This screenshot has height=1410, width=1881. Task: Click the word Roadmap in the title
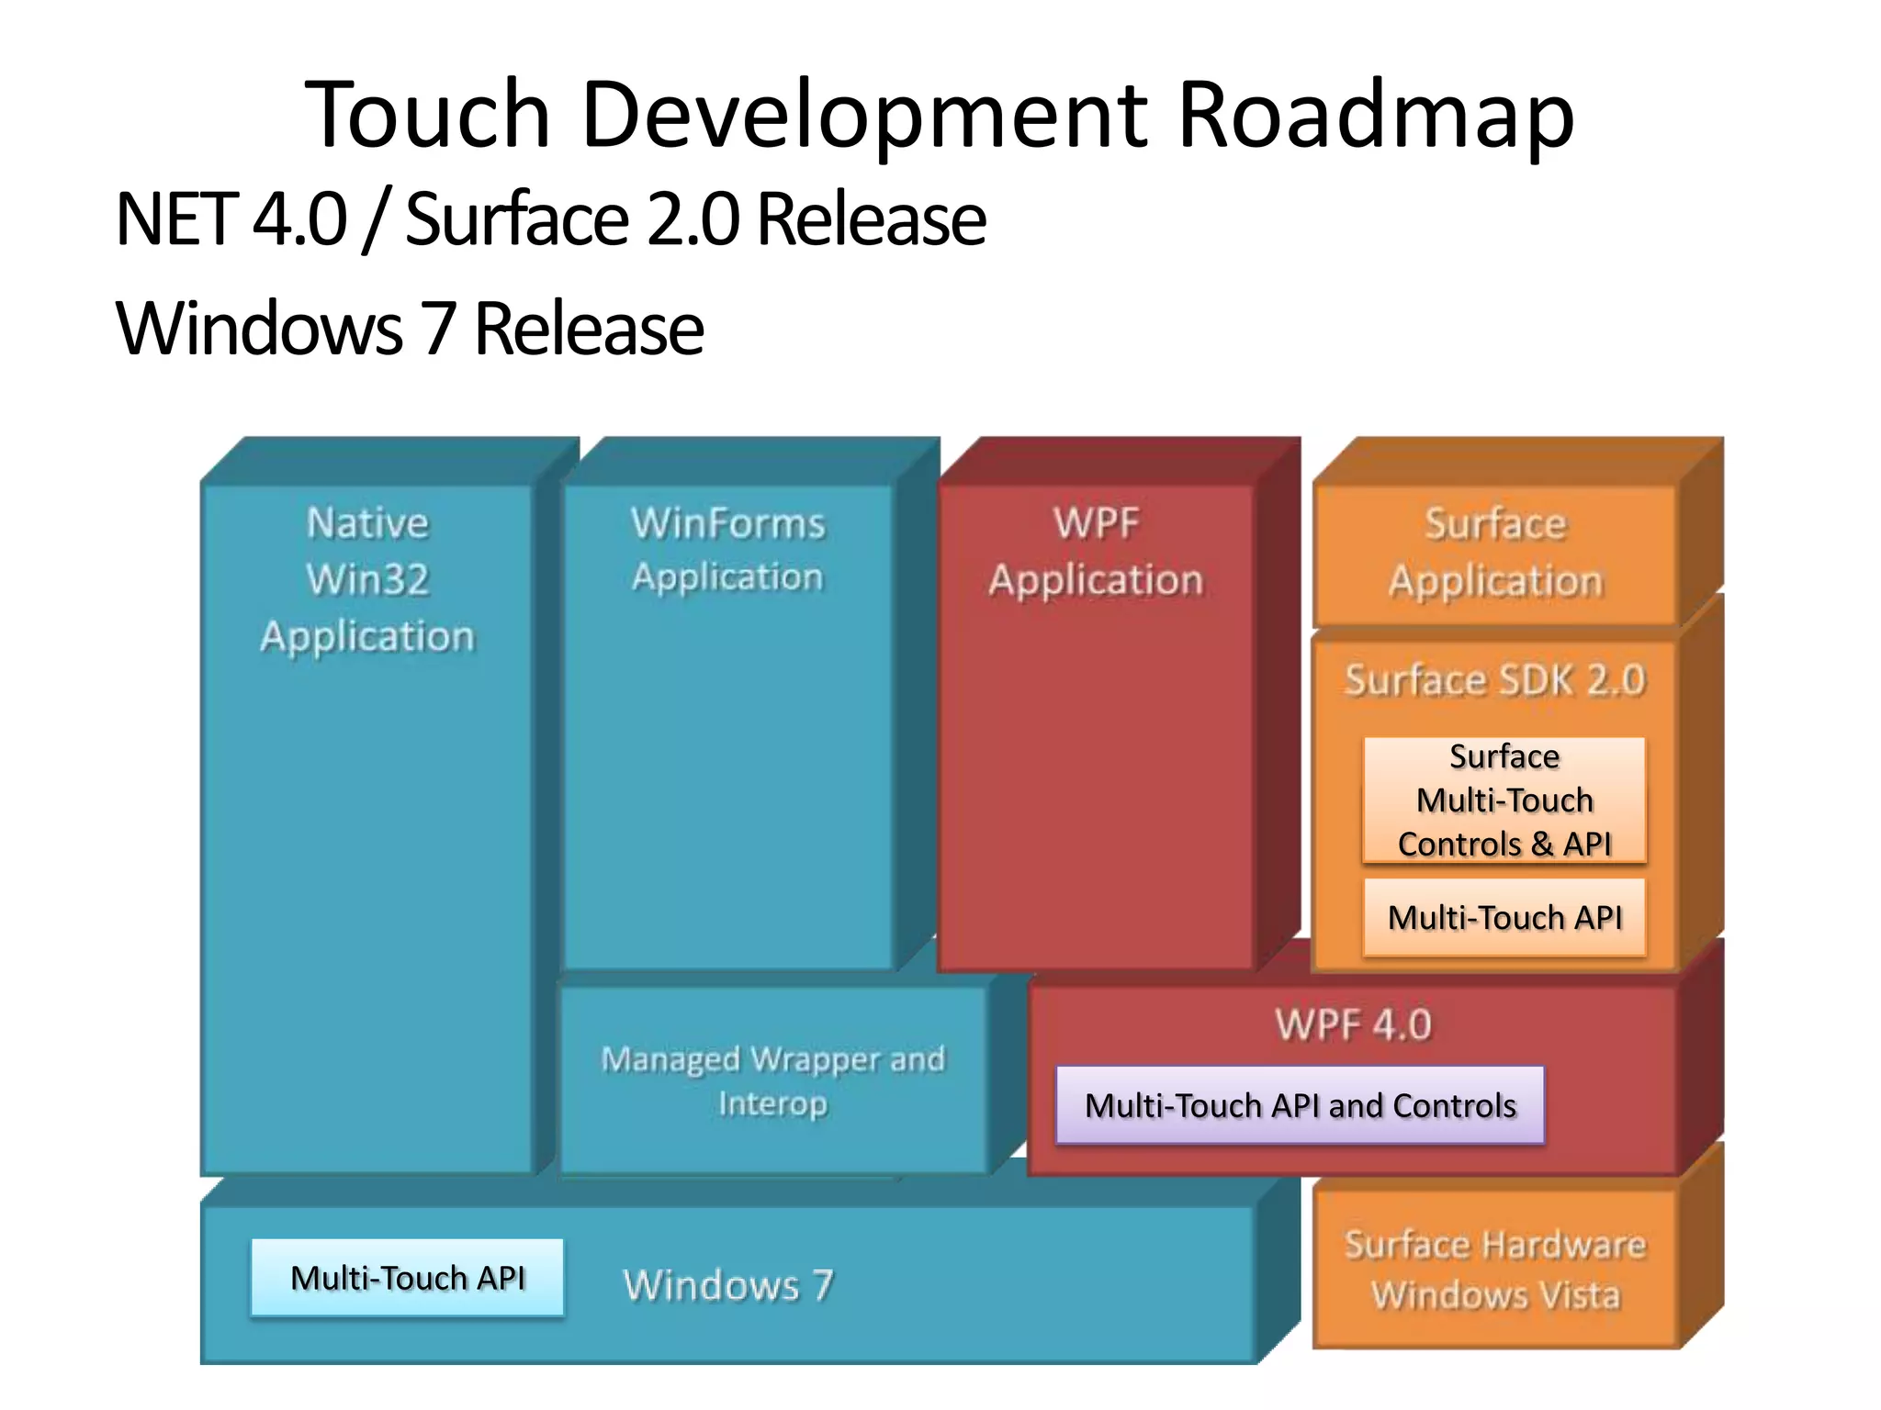tap(1375, 115)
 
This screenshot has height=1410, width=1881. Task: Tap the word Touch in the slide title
tap(427, 115)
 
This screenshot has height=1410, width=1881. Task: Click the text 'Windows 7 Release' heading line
tap(410, 329)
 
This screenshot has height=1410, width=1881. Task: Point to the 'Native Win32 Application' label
tap(367, 580)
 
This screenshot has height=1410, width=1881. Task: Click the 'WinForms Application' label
tap(727, 550)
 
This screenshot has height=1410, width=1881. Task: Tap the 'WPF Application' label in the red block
tap(1096, 552)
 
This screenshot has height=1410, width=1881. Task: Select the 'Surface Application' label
tap(1495, 553)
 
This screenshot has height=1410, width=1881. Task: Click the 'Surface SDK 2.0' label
tap(1494, 680)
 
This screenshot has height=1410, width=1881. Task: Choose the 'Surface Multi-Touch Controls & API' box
tap(1504, 800)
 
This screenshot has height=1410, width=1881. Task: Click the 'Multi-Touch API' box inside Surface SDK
tap(1504, 917)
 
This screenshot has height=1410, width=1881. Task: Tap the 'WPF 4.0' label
tap(1353, 1024)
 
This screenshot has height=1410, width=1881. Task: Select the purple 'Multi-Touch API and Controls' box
tap(1300, 1105)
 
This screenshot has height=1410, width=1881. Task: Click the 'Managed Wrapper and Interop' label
tap(772, 1080)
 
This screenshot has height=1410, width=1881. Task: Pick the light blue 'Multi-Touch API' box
tap(407, 1278)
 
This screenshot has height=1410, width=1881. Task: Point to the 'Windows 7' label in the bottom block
tap(728, 1284)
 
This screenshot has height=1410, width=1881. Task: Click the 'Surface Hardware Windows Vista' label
tap(1495, 1270)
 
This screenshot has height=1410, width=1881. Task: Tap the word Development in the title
tap(863, 115)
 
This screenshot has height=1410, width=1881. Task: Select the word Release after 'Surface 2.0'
tap(871, 220)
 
